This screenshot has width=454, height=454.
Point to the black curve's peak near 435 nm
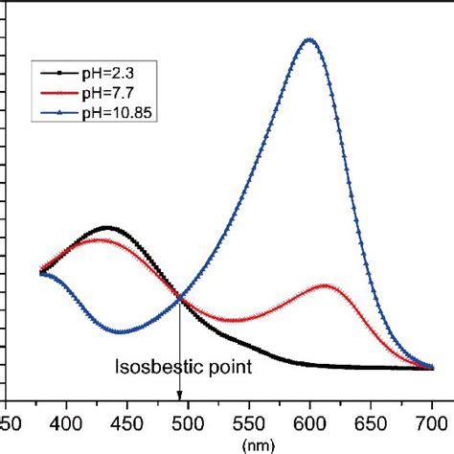click(x=108, y=228)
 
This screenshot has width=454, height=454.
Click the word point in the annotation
click(x=231, y=367)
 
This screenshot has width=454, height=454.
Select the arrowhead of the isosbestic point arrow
click(x=180, y=394)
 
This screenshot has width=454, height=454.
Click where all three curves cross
click(x=180, y=300)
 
